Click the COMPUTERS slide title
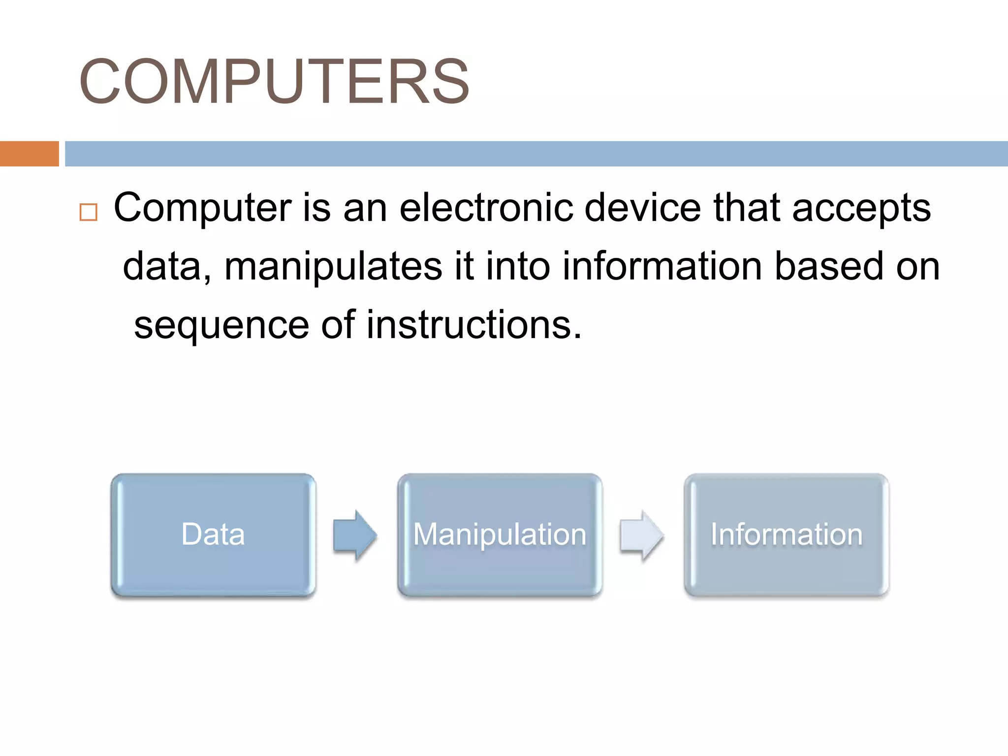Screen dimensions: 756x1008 pyautogui.click(x=274, y=82)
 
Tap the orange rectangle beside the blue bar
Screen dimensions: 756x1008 pyautogui.click(x=29, y=154)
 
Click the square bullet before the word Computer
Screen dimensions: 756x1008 pyautogui.click(x=89, y=212)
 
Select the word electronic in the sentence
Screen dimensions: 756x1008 pyautogui.click(x=486, y=207)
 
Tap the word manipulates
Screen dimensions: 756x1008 pyautogui.click(x=333, y=267)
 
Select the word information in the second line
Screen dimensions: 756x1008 pyautogui.click(x=662, y=266)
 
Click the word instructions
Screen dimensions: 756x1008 pyautogui.click(x=474, y=325)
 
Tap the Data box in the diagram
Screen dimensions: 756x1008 pyautogui.click(x=213, y=535)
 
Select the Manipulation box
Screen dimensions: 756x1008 pyautogui.click(x=500, y=535)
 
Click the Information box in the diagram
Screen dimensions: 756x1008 pyautogui.click(x=786, y=535)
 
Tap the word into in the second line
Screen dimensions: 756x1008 pyautogui.click(x=518, y=266)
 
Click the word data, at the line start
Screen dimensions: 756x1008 pyautogui.click(x=167, y=267)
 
